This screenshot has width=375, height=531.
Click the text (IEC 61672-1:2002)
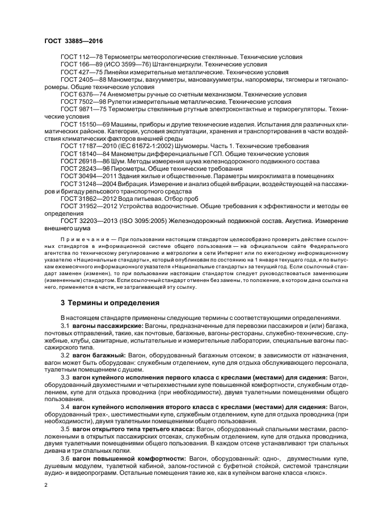coord(146,146)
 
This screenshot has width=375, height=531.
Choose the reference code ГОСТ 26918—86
coord(85,161)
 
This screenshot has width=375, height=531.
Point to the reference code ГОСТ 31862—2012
coord(86,199)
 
